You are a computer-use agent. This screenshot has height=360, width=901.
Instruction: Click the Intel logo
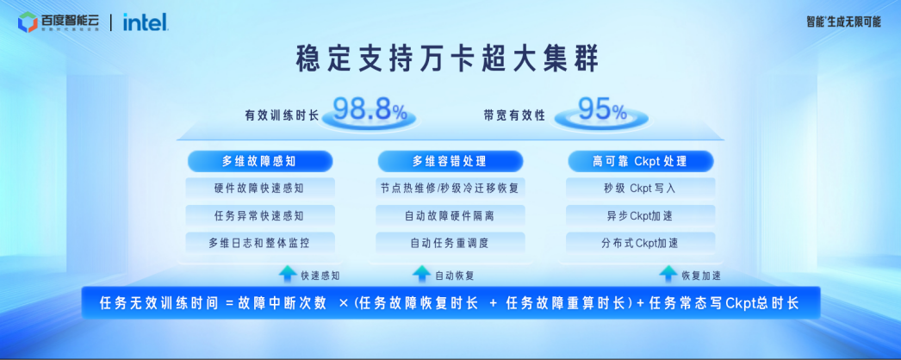[x=145, y=22]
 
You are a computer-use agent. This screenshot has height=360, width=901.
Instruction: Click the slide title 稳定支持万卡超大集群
[x=446, y=60]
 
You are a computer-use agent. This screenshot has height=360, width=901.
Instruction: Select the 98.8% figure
[x=370, y=110]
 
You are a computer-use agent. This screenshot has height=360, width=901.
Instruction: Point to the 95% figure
[x=602, y=109]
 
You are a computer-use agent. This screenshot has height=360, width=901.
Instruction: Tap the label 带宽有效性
[x=514, y=114]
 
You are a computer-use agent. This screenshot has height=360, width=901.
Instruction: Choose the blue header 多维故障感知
[x=260, y=161]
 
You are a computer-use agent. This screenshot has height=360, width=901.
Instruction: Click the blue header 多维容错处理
[x=450, y=161]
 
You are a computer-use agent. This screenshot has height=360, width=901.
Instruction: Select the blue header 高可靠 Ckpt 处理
[x=640, y=161]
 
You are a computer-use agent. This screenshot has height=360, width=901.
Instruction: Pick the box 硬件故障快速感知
[x=260, y=188]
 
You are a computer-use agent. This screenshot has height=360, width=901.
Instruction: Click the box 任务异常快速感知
[x=260, y=215]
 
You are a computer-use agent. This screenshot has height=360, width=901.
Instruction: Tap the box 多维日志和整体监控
[x=260, y=243]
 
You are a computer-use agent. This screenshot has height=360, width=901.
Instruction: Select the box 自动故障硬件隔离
[x=450, y=215]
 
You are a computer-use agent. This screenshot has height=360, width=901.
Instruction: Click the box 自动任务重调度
[x=450, y=243]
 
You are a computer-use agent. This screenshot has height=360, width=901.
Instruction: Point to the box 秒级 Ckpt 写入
[x=640, y=188]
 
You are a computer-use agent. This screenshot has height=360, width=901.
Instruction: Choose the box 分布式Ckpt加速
[x=640, y=243]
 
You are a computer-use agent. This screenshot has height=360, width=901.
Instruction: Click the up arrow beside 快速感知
[x=288, y=274]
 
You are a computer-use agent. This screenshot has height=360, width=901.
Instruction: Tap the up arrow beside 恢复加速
[x=668, y=274]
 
